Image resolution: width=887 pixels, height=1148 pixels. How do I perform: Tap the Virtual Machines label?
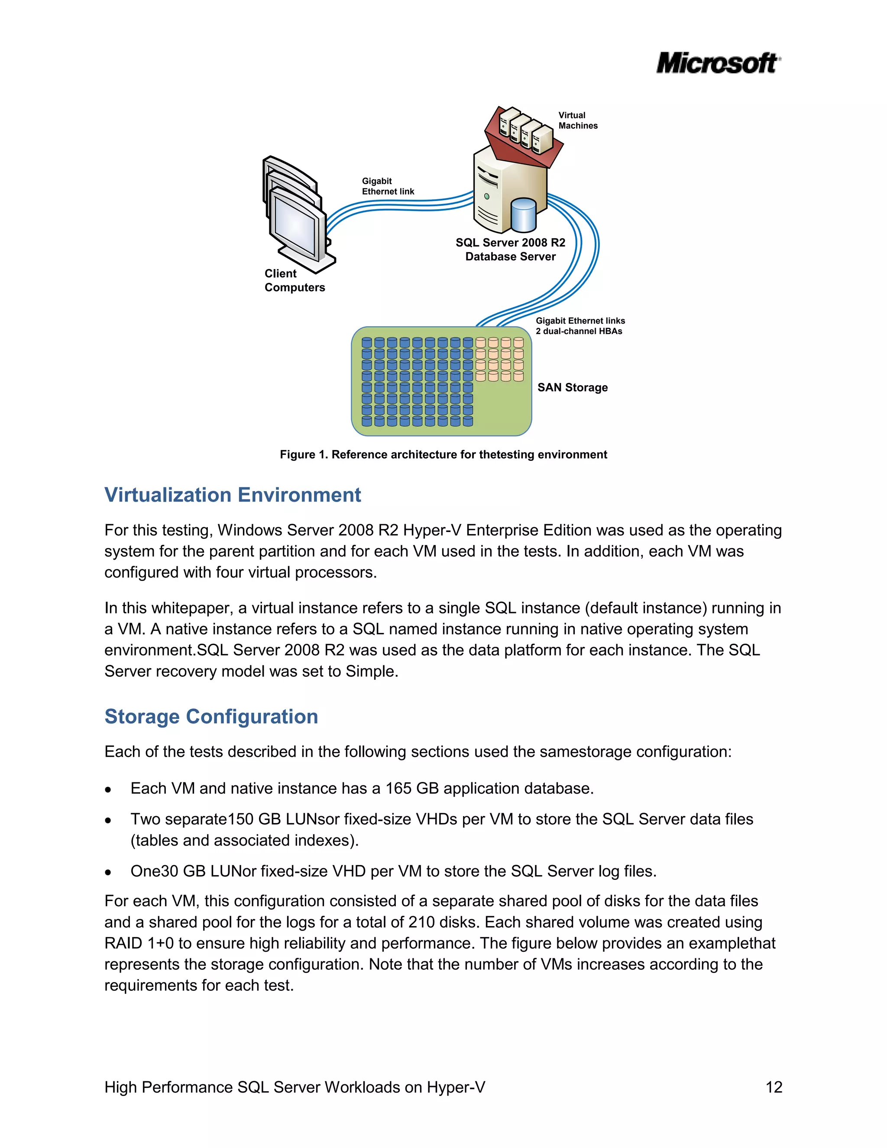click(x=577, y=120)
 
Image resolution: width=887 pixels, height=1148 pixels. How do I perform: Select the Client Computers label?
click(x=294, y=280)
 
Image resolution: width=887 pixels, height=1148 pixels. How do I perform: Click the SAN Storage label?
click(x=572, y=387)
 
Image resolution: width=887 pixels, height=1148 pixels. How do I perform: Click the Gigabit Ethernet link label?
click(x=388, y=186)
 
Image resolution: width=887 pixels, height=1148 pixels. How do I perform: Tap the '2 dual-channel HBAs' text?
click(x=579, y=331)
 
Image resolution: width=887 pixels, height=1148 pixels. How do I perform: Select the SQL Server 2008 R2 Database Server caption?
click(x=510, y=250)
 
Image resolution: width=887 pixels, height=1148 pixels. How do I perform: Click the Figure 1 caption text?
click(x=443, y=455)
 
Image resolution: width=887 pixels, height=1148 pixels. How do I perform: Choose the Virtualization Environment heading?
click(x=232, y=495)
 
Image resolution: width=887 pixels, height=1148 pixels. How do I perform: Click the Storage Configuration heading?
click(x=211, y=717)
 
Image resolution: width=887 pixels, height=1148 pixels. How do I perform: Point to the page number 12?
click(x=774, y=1087)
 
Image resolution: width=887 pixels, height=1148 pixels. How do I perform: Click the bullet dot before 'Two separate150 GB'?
click(x=108, y=820)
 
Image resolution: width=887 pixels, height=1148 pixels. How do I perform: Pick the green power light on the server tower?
click(x=486, y=196)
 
